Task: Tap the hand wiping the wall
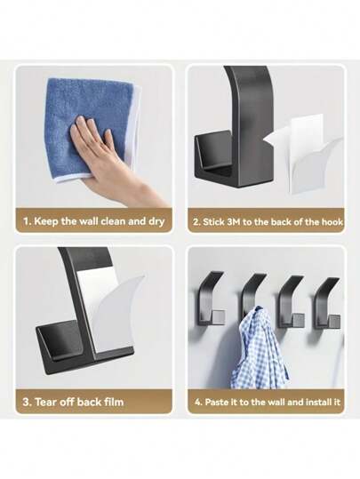pos(102,147)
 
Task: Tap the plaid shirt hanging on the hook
pos(257,351)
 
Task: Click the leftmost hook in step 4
pos(214,302)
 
